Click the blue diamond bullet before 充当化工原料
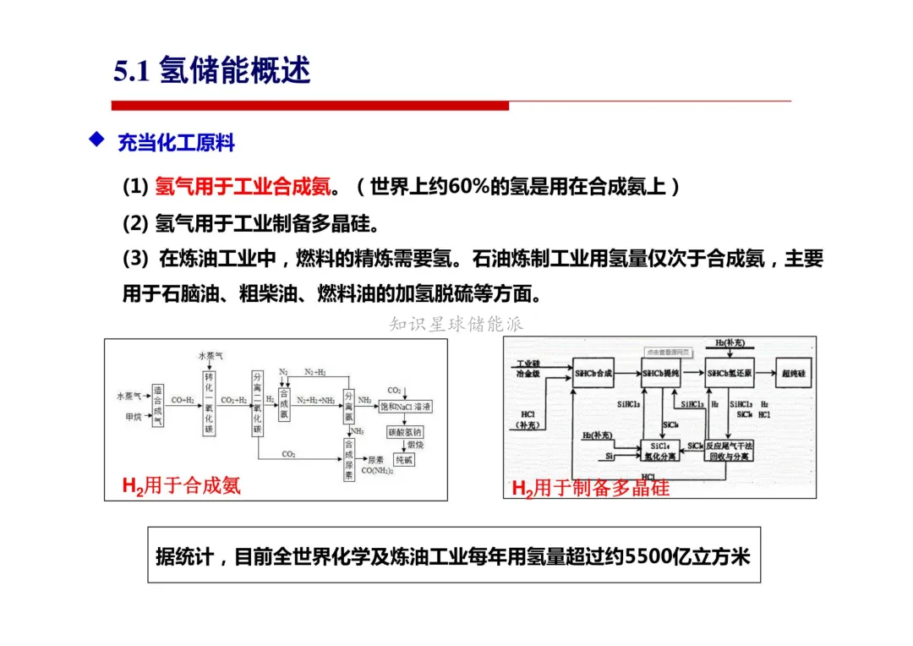click(x=96, y=140)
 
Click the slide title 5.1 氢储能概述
click(x=212, y=71)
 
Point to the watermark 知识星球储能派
click(x=456, y=324)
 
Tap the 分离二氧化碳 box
click(x=258, y=402)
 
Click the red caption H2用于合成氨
click(x=182, y=485)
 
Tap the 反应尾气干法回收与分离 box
click(x=730, y=450)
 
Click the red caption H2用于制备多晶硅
click(x=590, y=488)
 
